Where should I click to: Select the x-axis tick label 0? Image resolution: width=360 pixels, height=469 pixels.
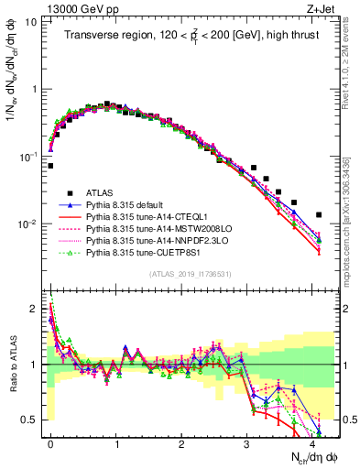coord(50,442)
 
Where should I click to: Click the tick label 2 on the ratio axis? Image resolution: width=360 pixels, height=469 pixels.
coord(35,309)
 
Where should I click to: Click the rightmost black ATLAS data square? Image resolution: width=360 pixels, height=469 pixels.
coord(318,215)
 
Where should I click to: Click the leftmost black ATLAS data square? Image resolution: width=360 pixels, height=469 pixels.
coord(50,166)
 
